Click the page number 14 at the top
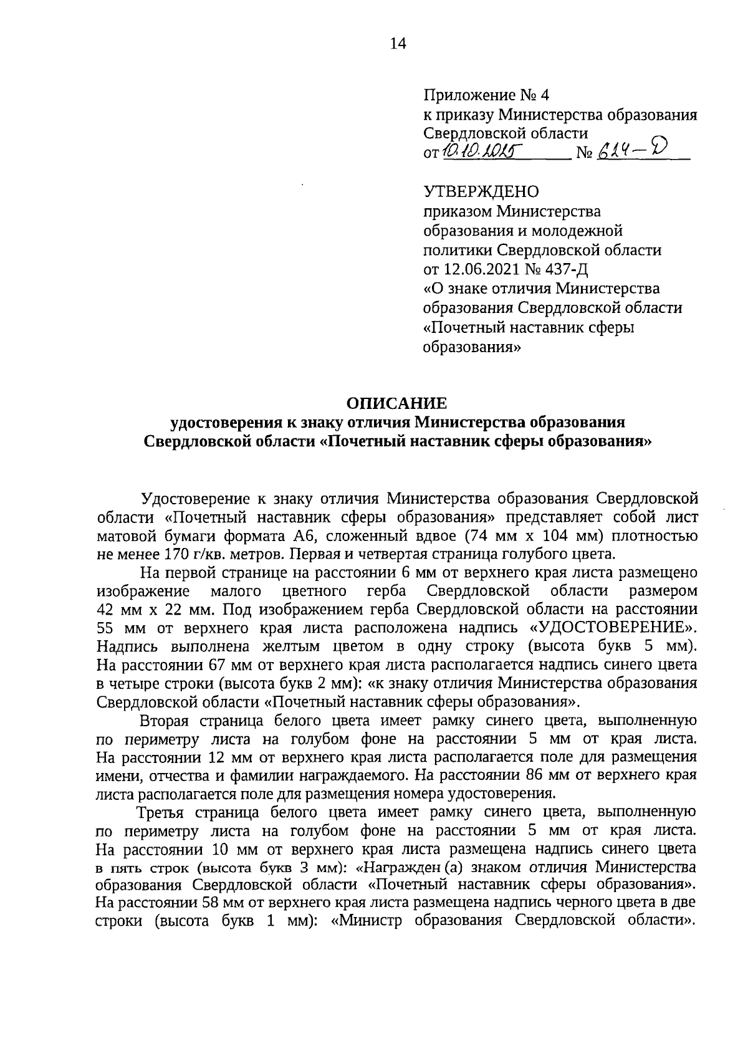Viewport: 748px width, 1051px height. (x=398, y=43)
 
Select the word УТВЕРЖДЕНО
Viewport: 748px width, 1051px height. (x=482, y=191)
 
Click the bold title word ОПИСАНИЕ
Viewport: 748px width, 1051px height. (x=397, y=403)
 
